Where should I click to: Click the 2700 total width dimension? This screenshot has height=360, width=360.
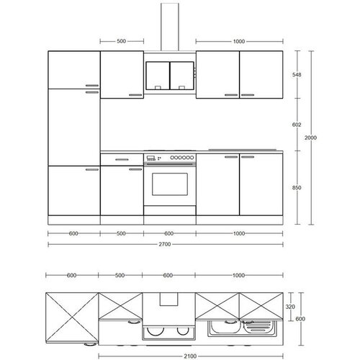[165, 244]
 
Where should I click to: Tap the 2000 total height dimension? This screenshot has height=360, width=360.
[310, 138]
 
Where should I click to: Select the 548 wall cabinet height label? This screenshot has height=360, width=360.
[297, 75]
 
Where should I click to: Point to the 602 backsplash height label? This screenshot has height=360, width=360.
[297, 125]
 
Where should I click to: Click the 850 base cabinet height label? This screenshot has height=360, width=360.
[297, 188]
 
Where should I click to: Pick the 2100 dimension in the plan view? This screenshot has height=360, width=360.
[190, 356]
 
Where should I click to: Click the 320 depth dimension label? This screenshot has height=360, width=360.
[290, 307]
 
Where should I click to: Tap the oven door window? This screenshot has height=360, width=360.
[170, 184]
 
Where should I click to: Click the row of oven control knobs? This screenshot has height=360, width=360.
[182, 158]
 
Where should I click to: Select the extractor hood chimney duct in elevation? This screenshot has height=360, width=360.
[170, 27]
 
